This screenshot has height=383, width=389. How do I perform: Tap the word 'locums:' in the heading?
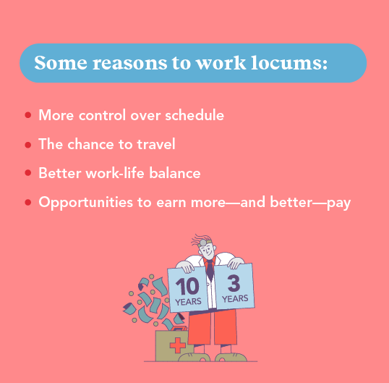click(x=291, y=62)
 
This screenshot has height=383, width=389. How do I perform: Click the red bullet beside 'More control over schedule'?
click(x=27, y=115)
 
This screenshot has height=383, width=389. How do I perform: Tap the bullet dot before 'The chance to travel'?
click(x=27, y=145)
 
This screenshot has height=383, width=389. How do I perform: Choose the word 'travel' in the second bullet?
click(x=155, y=144)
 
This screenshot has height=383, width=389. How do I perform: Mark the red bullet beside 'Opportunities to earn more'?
click(x=27, y=203)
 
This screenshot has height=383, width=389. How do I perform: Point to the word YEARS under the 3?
click(x=234, y=298)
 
